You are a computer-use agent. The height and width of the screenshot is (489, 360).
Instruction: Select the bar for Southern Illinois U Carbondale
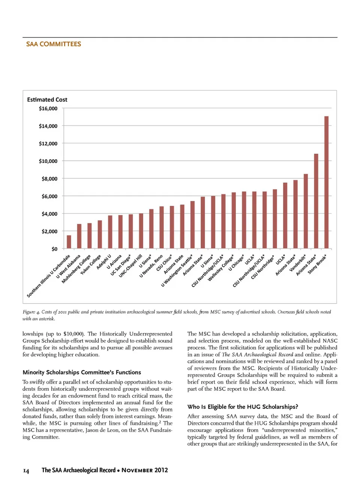point(69,242)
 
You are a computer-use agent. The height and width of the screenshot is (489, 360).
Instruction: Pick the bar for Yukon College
point(100,234)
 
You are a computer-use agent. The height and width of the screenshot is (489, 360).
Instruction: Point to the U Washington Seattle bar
point(192,225)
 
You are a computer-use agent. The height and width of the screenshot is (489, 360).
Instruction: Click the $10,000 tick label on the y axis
point(48,161)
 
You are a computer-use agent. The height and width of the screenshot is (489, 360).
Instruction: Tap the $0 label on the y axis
point(54,249)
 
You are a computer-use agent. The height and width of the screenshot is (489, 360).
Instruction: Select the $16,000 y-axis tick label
point(48,109)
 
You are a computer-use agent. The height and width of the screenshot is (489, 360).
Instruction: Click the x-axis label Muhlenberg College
point(76,269)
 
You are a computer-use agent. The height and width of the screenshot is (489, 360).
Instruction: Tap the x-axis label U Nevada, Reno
point(151,266)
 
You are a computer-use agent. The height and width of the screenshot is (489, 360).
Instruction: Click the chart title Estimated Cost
point(47,100)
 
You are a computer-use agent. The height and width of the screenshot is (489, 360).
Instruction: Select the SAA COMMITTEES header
point(54,44)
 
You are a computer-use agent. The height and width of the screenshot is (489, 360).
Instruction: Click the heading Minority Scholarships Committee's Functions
point(82,372)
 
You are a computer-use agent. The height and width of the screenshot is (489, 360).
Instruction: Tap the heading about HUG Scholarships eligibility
point(243,407)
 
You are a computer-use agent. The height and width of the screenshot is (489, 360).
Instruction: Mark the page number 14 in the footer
point(26,471)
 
